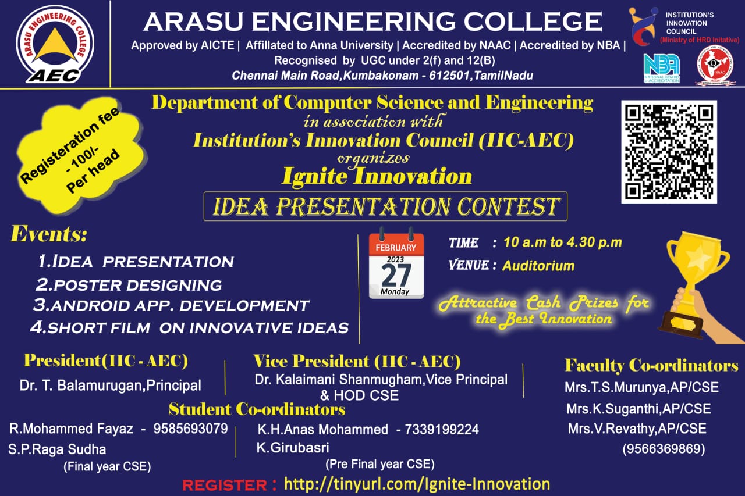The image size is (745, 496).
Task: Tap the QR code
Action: click(x=669, y=151)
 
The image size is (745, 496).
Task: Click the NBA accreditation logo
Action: click(x=661, y=67)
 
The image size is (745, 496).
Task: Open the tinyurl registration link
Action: click(x=416, y=484)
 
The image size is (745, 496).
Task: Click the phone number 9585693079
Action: click(x=190, y=429)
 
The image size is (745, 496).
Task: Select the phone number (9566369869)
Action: click(x=664, y=449)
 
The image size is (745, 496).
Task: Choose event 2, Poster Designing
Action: click(x=129, y=285)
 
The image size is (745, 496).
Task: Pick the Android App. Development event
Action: click(x=171, y=305)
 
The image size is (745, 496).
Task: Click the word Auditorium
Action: click(x=538, y=266)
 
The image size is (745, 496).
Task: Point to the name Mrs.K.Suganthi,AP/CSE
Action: click(x=638, y=409)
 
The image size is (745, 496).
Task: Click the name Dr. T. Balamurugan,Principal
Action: click(x=111, y=385)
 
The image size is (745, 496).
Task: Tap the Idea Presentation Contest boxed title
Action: click(x=385, y=206)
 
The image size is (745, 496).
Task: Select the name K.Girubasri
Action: click(x=293, y=448)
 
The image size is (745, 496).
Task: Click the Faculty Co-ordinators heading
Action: click(x=651, y=366)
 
